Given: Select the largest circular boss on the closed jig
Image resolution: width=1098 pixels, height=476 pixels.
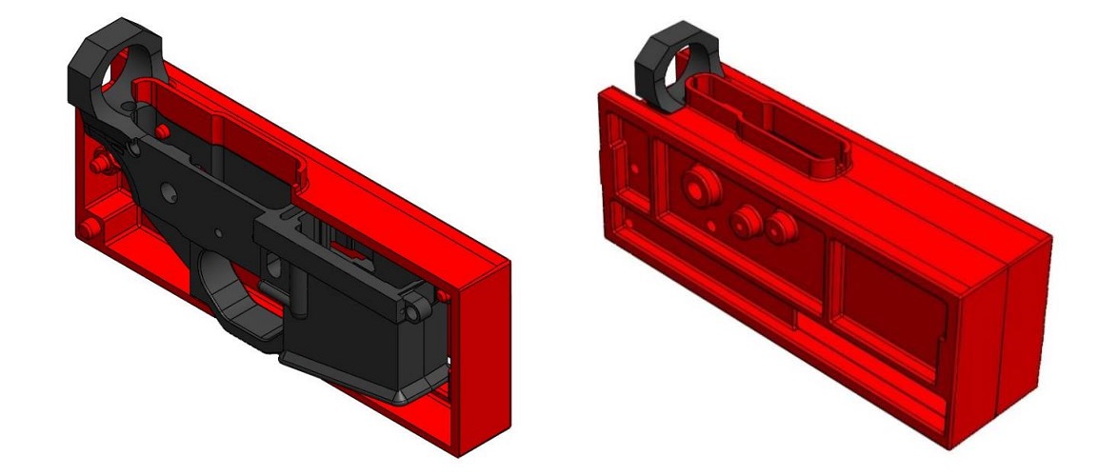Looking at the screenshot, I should click(x=699, y=187).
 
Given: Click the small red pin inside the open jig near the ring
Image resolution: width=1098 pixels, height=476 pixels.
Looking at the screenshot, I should click(x=163, y=129).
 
